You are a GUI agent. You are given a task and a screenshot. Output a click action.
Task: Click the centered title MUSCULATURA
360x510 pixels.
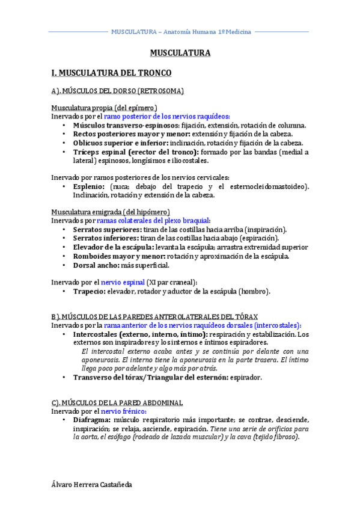pyautogui.click(x=180, y=53)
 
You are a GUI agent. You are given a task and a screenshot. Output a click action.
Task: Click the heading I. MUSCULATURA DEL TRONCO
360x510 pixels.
pyautogui.click(x=111, y=73)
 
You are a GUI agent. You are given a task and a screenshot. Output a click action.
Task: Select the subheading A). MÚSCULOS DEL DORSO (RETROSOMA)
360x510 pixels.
pyautogui.click(x=117, y=91)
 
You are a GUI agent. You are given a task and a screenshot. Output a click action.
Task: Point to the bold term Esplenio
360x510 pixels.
pyautogui.click(x=88, y=186)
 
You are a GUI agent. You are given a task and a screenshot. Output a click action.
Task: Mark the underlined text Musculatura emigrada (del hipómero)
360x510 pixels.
pyautogui.click(x=111, y=212)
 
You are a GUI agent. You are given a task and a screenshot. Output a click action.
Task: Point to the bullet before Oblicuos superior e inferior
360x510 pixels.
pyautogui.click(x=64, y=143)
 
